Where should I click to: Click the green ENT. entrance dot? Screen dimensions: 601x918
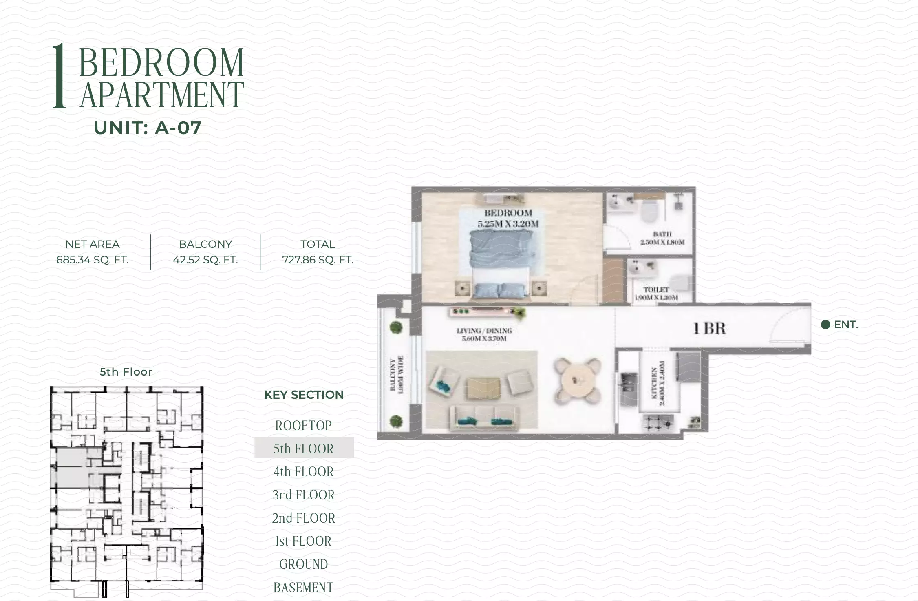(825, 325)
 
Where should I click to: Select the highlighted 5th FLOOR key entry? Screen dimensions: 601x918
(304, 449)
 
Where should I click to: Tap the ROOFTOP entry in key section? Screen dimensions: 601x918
(304, 426)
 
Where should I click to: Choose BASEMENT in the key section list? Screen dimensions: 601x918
(304, 588)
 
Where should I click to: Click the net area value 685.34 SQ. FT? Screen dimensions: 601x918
(93, 260)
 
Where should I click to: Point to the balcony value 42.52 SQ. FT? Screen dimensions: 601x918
(205, 260)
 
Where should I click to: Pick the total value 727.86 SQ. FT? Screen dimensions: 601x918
(318, 260)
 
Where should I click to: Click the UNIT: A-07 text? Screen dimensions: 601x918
(148, 128)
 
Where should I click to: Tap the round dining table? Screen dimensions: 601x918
(577, 380)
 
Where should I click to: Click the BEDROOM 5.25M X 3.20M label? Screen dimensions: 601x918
(508, 218)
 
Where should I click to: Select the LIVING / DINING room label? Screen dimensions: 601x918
(484, 334)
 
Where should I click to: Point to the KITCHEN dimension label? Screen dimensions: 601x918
(658, 383)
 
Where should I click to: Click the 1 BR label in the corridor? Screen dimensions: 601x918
(710, 329)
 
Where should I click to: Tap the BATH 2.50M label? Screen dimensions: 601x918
(662, 238)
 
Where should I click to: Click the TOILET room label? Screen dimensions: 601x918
(656, 293)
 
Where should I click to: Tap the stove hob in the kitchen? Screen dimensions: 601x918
(658, 423)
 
